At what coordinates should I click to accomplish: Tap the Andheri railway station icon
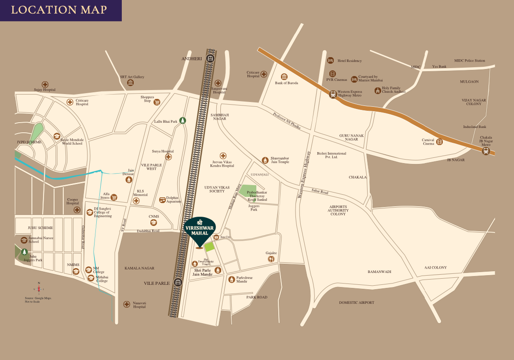[x=211, y=58]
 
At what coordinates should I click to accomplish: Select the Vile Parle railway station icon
[x=178, y=283]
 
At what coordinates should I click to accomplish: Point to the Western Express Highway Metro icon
[x=333, y=94]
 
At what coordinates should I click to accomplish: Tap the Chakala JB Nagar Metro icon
[x=485, y=151]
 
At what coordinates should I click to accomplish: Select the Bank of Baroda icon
[x=284, y=76]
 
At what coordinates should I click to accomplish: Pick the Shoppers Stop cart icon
[x=157, y=102]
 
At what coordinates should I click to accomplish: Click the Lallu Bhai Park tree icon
[x=182, y=120]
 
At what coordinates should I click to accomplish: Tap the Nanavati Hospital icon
[x=127, y=304]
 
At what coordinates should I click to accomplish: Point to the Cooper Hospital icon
[x=77, y=210]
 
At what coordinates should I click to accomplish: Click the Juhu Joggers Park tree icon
[x=25, y=252]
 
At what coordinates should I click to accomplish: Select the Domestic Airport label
[x=357, y=302]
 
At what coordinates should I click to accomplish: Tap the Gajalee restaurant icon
[x=271, y=259]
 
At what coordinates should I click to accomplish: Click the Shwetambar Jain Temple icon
[x=265, y=160]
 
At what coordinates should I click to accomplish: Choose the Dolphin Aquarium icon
[x=162, y=200]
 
